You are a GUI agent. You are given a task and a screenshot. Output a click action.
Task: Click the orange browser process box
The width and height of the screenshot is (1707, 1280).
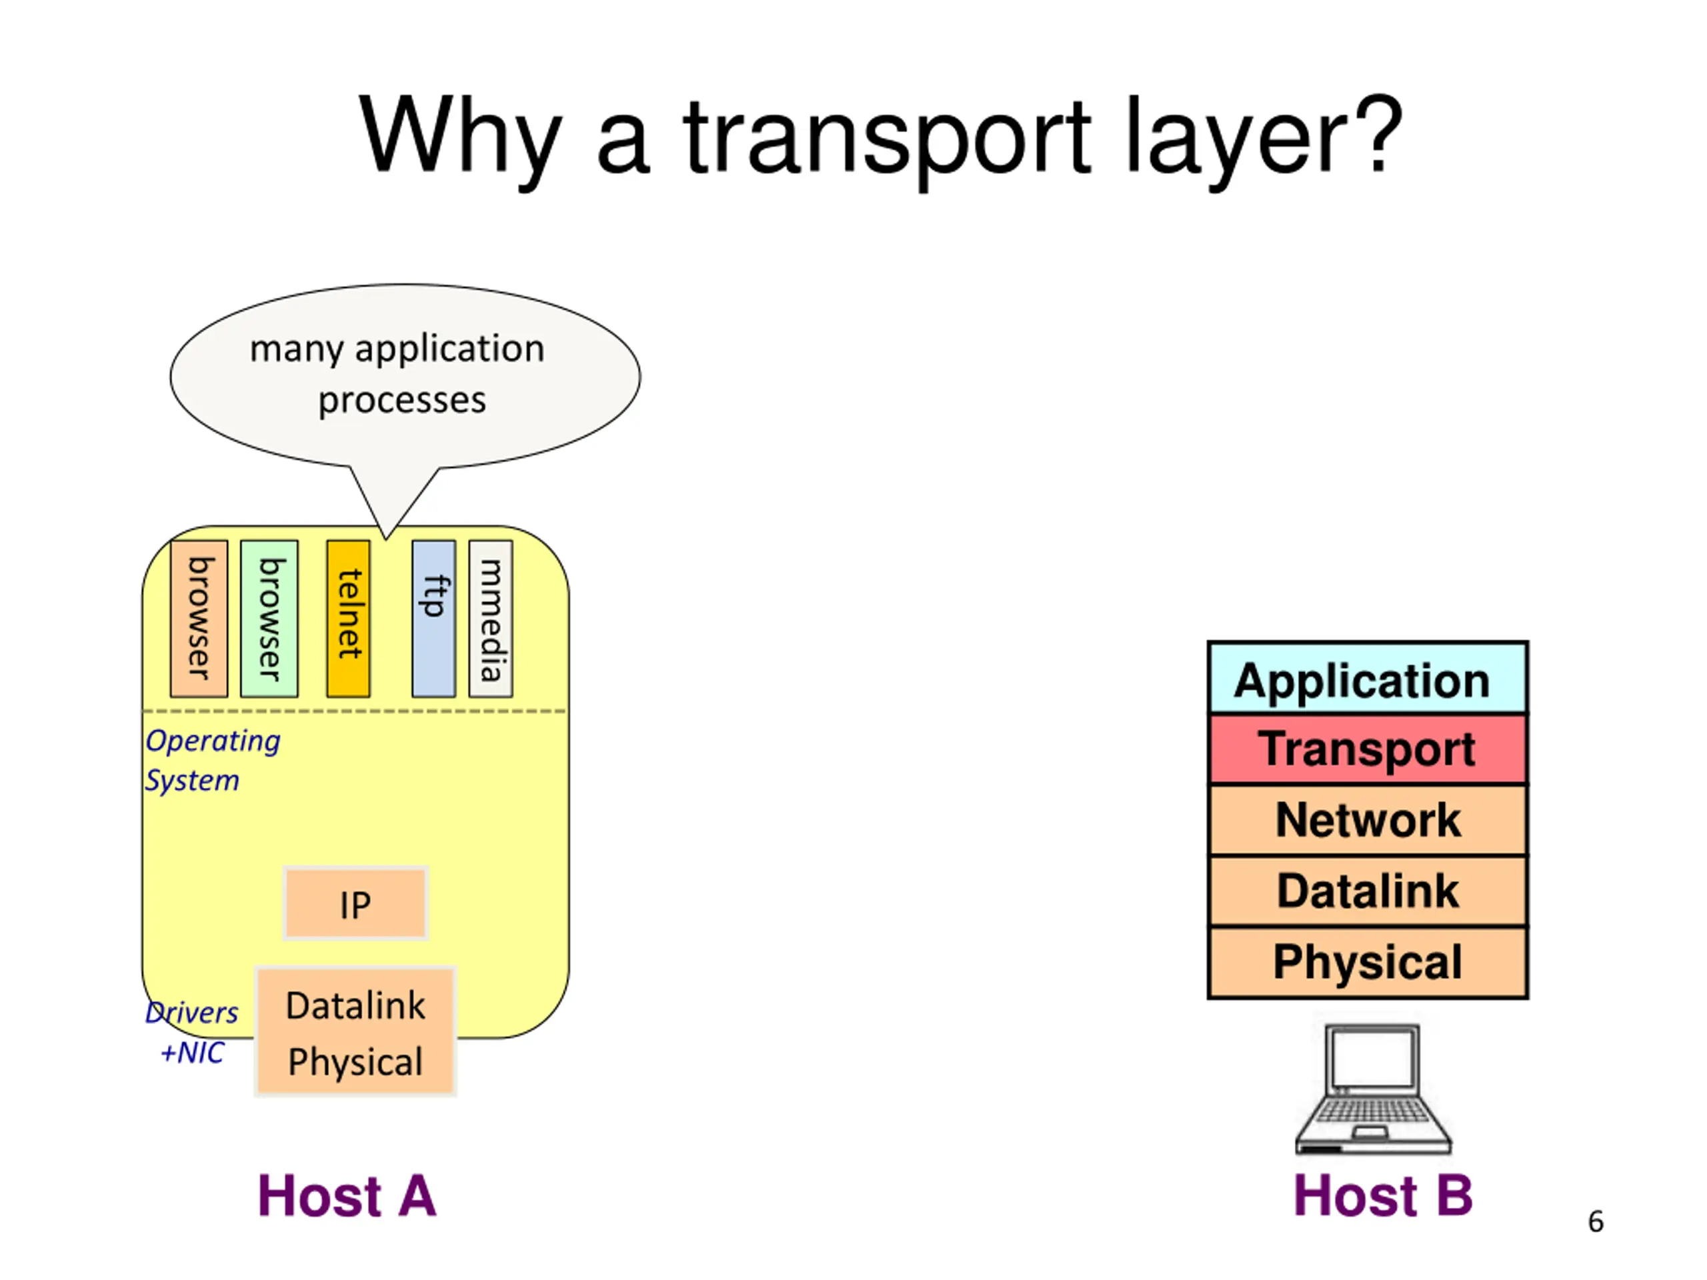(x=198, y=619)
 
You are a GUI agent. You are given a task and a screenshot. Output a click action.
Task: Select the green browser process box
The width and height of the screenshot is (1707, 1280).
(x=269, y=619)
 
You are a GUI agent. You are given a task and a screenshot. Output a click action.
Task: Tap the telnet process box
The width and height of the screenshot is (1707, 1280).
(x=348, y=619)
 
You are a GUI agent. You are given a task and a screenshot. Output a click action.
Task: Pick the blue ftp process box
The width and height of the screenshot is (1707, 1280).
(x=433, y=619)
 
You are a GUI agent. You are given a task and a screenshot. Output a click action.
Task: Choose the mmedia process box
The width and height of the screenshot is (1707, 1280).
(x=490, y=619)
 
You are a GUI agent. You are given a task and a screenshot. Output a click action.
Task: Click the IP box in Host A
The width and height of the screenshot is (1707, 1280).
(x=355, y=903)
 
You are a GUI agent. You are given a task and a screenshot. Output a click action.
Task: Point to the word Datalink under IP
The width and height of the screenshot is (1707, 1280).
(x=355, y=1005)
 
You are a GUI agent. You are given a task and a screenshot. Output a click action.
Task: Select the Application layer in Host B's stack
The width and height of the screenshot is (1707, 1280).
(x=1367, y=680)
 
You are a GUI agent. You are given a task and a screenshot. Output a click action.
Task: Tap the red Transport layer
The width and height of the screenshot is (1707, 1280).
(x=1367, y=749)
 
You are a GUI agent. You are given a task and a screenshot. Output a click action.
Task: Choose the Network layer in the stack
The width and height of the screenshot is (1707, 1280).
(x=1367, y=819)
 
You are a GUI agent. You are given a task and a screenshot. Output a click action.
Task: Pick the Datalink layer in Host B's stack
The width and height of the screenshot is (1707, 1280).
(x=1367, y=891)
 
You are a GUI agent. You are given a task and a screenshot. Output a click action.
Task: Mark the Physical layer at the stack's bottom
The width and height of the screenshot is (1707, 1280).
(x=1367, y=962)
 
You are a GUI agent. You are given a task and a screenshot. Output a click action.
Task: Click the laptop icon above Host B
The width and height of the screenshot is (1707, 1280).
(x=1373, y=1089)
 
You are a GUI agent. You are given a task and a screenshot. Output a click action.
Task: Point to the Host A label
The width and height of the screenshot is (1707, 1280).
(x=347, y=1196)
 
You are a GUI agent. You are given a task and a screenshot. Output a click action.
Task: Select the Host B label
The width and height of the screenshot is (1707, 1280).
(x=1382, y=1196)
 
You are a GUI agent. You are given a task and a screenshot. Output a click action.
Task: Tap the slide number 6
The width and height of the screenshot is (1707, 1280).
(x=1595, y=1222)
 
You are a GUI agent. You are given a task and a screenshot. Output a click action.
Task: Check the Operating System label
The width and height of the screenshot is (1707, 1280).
(x=212, y=760)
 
